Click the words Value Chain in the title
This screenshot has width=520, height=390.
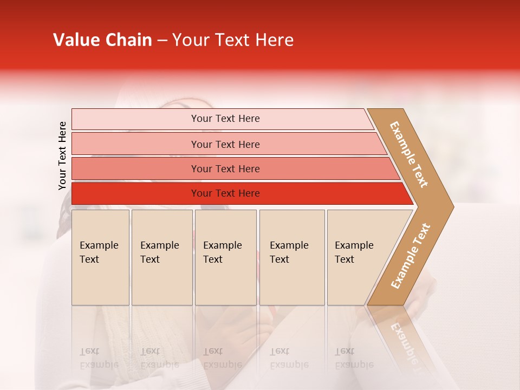click(x=102, y=40)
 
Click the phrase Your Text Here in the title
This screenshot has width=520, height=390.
click(x=233, y=40)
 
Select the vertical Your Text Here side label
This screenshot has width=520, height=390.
click(x=62, y=155)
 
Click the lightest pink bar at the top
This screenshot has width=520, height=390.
click(x=135, y=119)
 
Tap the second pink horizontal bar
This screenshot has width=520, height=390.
click(x=135, y=144)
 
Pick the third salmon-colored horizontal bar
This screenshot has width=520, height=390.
click(x=135, y=169)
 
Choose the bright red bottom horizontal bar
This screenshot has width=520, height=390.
click(x=135, y=193)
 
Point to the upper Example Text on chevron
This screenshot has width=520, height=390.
click(x=409, y=154)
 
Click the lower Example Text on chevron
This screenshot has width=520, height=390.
click(x=411, y=256)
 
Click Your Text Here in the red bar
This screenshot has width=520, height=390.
click(x=225, y=193)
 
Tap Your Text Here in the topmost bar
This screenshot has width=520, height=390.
click(x=225, y=119)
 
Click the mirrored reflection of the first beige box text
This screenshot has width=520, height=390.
click(x=99, y=358)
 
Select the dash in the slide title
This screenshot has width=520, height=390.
click(x=162, y=41)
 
